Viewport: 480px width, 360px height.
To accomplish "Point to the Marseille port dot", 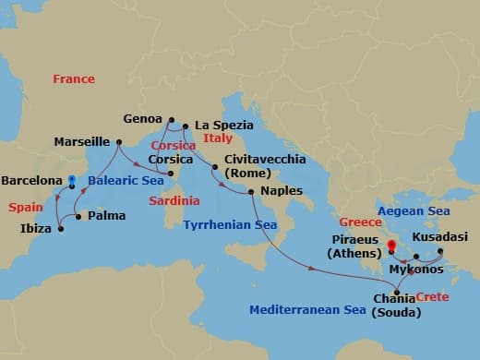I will [x=119, y=141].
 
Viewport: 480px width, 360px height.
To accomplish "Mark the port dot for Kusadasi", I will [x=439, y=250].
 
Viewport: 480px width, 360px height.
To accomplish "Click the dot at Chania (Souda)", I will [x=398, y=292].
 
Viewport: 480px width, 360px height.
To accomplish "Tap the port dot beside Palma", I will [x=78, y=217].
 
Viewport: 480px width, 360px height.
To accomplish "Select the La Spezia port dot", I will [x=186, y=126].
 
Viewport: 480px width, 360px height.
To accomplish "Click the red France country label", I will [x=74, y=79].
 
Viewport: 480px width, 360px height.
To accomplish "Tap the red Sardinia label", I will [x=174, y=200].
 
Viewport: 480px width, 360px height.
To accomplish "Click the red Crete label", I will [x=432, y=296].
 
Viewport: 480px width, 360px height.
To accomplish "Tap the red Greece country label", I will [x=360, y=222].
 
